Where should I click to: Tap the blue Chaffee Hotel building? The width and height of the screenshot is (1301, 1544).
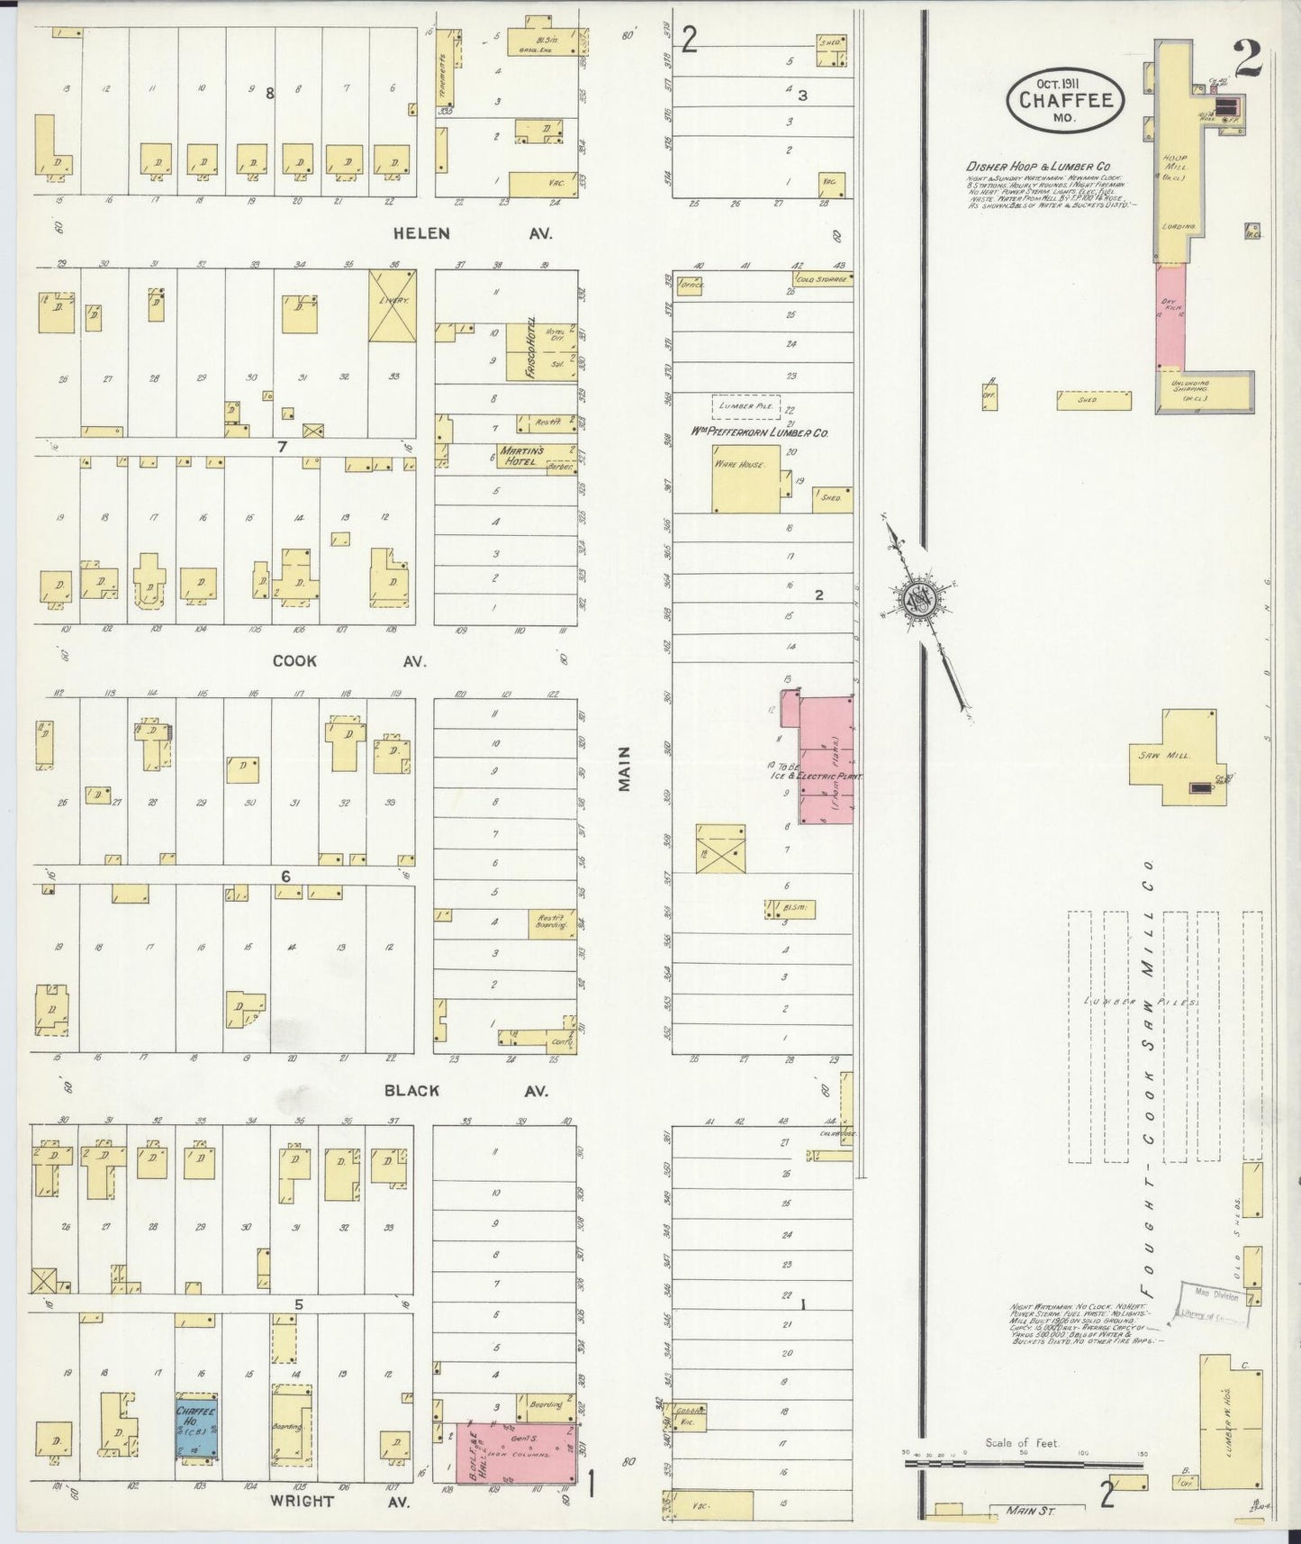coord(195,1429)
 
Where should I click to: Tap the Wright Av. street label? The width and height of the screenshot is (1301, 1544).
coord(339,1502)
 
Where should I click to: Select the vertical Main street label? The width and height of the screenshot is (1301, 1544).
coord(624,767)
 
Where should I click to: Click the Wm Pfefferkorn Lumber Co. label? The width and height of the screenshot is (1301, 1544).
coord(759,432)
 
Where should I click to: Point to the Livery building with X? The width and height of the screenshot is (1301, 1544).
coord(392,306)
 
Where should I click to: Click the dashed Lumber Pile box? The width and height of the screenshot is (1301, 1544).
coord(746,406)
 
